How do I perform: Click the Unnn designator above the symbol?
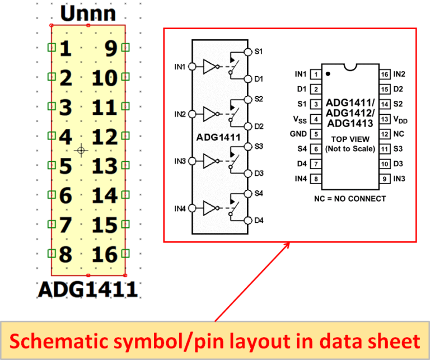click(x=88, y=13)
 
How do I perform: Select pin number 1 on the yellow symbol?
click(x=66, y=49)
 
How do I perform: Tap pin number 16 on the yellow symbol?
click(x=105, y=254)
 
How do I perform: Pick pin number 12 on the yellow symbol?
click(x=105, y=136)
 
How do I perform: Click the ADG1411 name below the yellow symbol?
click(x=88, y=289)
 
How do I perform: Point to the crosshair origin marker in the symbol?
click(x=82, y=150)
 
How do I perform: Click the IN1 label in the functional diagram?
click(x=180, y=67)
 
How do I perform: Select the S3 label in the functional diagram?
click(x=259, y=146)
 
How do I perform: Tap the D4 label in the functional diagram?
click(x=259, y=220)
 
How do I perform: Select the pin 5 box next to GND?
click(x=316, y=134)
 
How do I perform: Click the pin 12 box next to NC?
click(x=385, y=134)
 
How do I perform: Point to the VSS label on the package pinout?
click(x=300, y=119)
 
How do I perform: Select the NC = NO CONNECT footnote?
click(x=350, y=198)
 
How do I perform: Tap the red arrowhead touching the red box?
click(x=288, y=245)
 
